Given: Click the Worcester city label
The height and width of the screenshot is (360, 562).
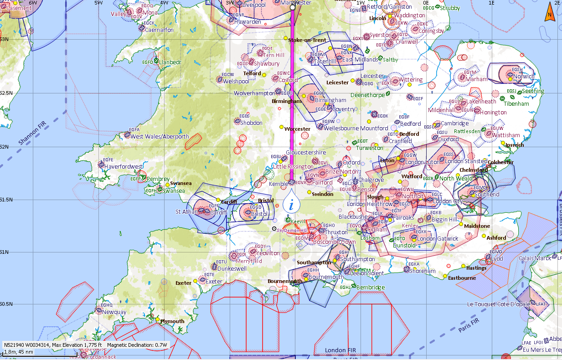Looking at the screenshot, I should tap(297, 129).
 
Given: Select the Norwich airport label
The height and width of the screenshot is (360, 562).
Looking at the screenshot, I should tap(524, 77).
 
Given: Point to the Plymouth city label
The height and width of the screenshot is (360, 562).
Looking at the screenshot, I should tap(172, 321).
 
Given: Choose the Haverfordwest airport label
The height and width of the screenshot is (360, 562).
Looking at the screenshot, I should tap(124, 167).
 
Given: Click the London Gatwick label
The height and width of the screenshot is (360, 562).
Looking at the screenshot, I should tap(438, 239).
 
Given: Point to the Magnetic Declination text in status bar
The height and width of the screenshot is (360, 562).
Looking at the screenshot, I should tap(137, 345).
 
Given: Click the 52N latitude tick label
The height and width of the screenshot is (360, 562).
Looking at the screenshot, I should tap(4, 146).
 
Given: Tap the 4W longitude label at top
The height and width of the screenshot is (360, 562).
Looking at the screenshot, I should tap(164, 2).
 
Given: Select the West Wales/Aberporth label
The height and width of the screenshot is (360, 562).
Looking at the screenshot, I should tap(160, 136).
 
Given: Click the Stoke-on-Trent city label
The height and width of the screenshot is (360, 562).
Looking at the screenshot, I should tap(307, 40).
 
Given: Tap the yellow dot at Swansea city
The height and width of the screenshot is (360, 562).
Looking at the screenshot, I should tap(168, 185).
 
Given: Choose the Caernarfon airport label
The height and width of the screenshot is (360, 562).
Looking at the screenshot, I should tap(159, 30).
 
